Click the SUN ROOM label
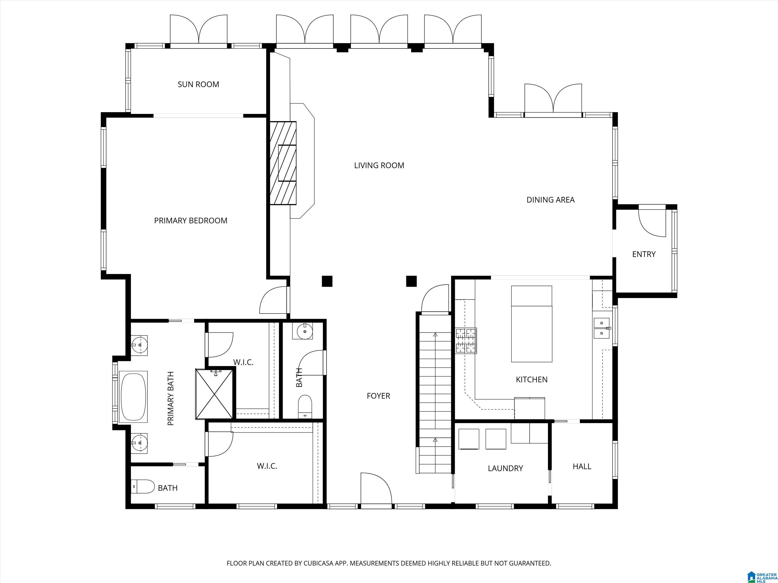coord(198,84)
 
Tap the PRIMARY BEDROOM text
coord(191,221)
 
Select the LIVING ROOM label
coord(379,166)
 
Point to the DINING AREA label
coord(551,200)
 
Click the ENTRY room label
coord(644,254)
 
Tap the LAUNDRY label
coord(505,468)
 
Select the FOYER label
coord(378,396)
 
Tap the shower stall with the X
coord(214,394)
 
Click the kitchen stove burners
coord(466,340)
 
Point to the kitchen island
coord(531,324)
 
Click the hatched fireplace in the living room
coord(283,163)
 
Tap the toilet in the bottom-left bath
coord(143,487)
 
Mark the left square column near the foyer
coord(327,281)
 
